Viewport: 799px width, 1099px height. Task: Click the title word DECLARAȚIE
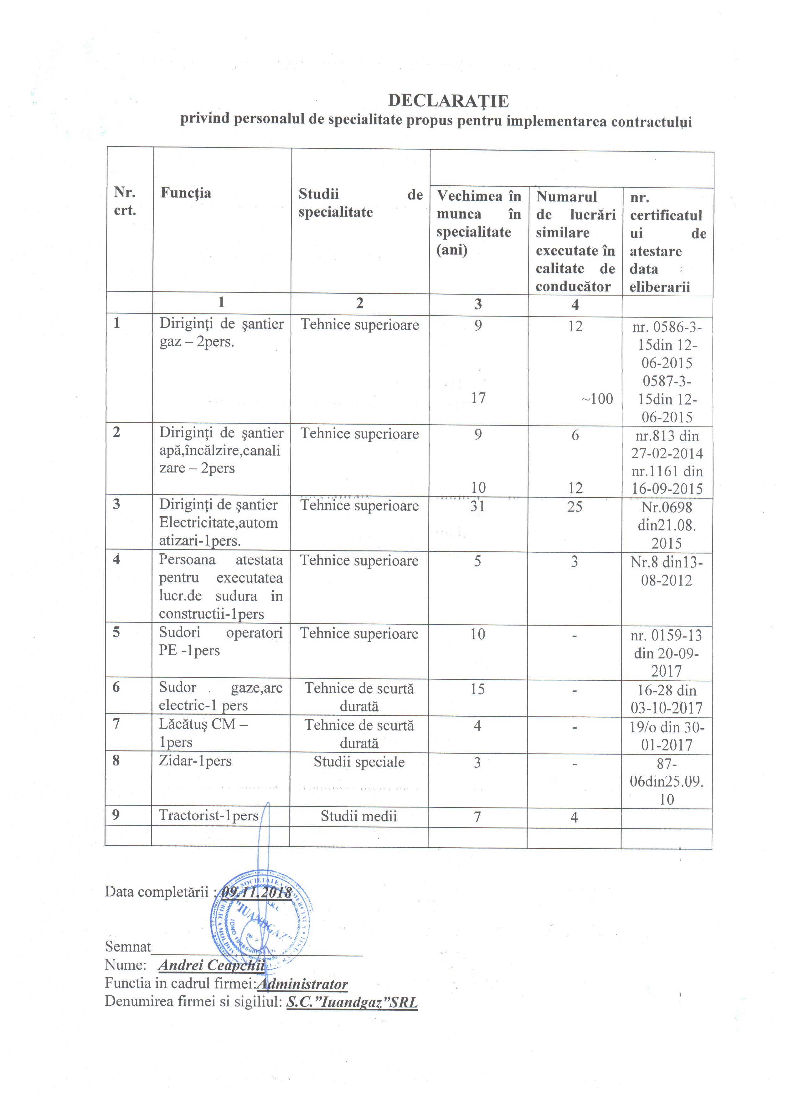(448, 101)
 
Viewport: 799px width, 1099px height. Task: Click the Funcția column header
(186, 193)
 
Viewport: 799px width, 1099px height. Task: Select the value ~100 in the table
(597, 399)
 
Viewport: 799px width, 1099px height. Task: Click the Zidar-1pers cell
(195, 761)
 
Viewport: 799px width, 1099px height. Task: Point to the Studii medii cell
(358, 817)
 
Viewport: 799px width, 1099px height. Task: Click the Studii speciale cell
(359, 762)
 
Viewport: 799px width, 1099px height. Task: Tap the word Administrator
(302, 984)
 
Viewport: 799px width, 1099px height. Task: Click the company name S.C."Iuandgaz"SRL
(352, 1002)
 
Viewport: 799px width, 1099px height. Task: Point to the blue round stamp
(262, 921)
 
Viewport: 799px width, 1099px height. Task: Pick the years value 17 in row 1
(478, 398)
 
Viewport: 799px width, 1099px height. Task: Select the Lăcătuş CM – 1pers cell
(204, 733)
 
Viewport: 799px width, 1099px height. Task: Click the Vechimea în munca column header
(478, 223)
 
